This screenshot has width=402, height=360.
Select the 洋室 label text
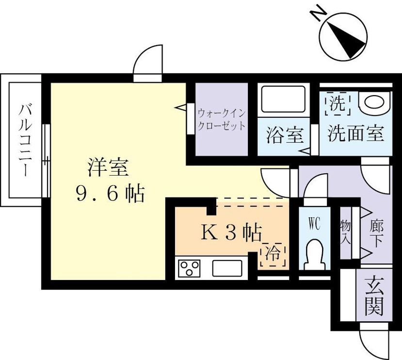coord(107,167)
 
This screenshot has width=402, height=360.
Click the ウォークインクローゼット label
coord(221,119)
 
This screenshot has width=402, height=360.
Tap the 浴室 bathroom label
coord(284,135)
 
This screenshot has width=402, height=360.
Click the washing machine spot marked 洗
coord(336,102)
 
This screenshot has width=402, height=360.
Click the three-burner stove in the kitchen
coord(190,268)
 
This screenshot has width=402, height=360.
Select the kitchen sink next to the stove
coord(227,268)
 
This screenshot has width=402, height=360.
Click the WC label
coord(315,224)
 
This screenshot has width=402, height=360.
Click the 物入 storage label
coord(346,232)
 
